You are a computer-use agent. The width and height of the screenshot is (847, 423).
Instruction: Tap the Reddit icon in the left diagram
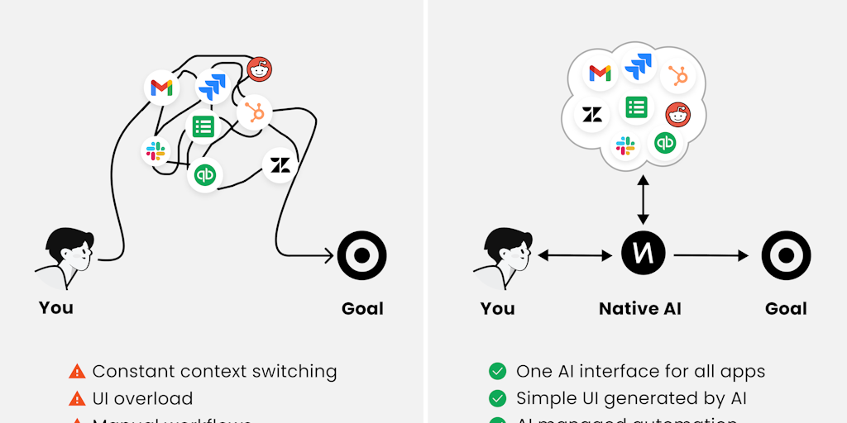point(260,70)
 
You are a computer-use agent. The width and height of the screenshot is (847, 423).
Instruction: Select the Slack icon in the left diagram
point(156,151)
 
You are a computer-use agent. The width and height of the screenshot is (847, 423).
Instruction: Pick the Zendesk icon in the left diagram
point(280,165)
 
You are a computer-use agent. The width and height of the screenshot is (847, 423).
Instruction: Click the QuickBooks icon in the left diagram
point(204,175)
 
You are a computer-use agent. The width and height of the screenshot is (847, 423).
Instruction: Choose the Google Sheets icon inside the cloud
point(636,107)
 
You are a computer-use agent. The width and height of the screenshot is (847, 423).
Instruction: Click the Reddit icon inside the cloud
point(677,115)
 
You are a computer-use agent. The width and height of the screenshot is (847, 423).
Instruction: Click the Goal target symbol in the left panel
point(361,255)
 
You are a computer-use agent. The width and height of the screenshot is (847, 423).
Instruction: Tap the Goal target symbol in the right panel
point(786,255)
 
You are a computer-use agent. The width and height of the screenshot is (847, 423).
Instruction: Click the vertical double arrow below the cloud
point(644,198)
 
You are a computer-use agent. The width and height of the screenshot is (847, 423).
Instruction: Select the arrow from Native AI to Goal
point(711,256)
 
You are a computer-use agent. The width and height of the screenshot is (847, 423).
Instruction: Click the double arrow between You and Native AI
point(575,256)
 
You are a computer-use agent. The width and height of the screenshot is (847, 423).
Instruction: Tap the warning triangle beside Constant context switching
point(77,372)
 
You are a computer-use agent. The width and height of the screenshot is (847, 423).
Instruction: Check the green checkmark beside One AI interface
point(497,372)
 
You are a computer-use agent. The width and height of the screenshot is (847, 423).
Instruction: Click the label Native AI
point(640,309)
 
